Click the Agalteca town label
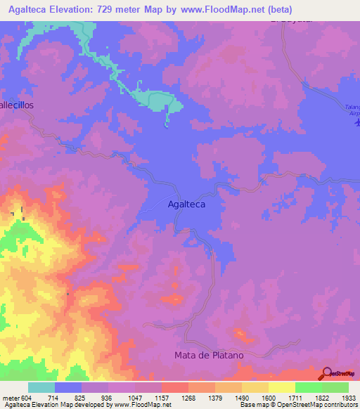186,204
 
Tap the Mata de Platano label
209,355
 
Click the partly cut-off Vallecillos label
16,104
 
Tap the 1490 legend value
241,398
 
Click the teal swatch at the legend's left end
41,387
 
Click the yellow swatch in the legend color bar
281,387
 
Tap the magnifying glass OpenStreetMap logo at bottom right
328,374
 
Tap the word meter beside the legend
11,398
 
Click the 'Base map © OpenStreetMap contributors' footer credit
298,405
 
